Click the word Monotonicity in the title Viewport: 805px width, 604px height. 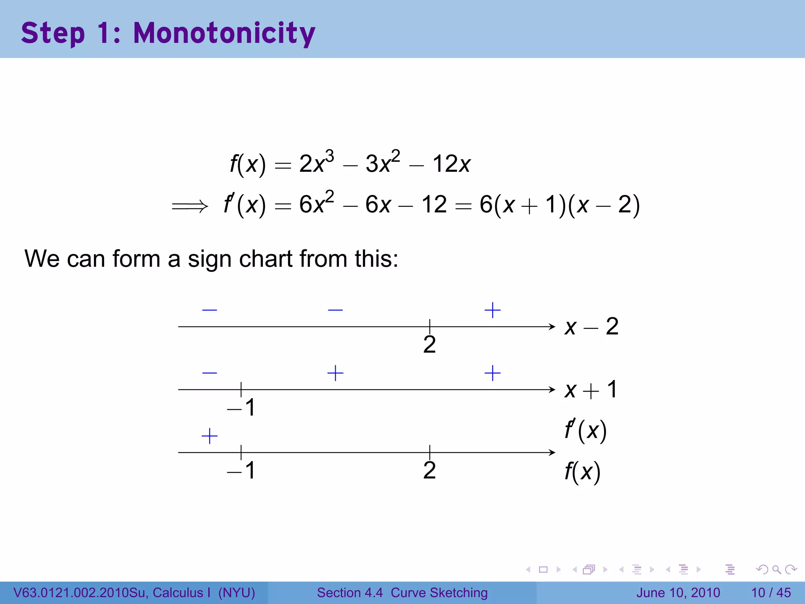[224, 33]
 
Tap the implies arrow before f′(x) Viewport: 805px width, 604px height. [189, 206]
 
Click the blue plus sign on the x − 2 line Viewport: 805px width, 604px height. [493, 310]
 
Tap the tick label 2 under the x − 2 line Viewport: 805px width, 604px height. [429, 345]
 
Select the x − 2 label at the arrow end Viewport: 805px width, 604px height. [592, 326]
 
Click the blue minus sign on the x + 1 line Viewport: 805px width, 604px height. [210, 373]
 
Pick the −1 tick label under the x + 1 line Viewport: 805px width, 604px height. [241, 407]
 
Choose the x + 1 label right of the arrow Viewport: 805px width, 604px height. [591, 390]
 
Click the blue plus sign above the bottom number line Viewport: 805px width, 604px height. [210, 436]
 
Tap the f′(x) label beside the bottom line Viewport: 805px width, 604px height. [585, 430]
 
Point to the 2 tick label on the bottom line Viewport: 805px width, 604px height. [429, 470]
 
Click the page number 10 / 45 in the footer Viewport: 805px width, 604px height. [771, 593]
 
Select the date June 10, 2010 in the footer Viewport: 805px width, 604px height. [678, 593]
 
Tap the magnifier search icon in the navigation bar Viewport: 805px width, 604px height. [776, 569]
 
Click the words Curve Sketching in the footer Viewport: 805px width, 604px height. [439, 593]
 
